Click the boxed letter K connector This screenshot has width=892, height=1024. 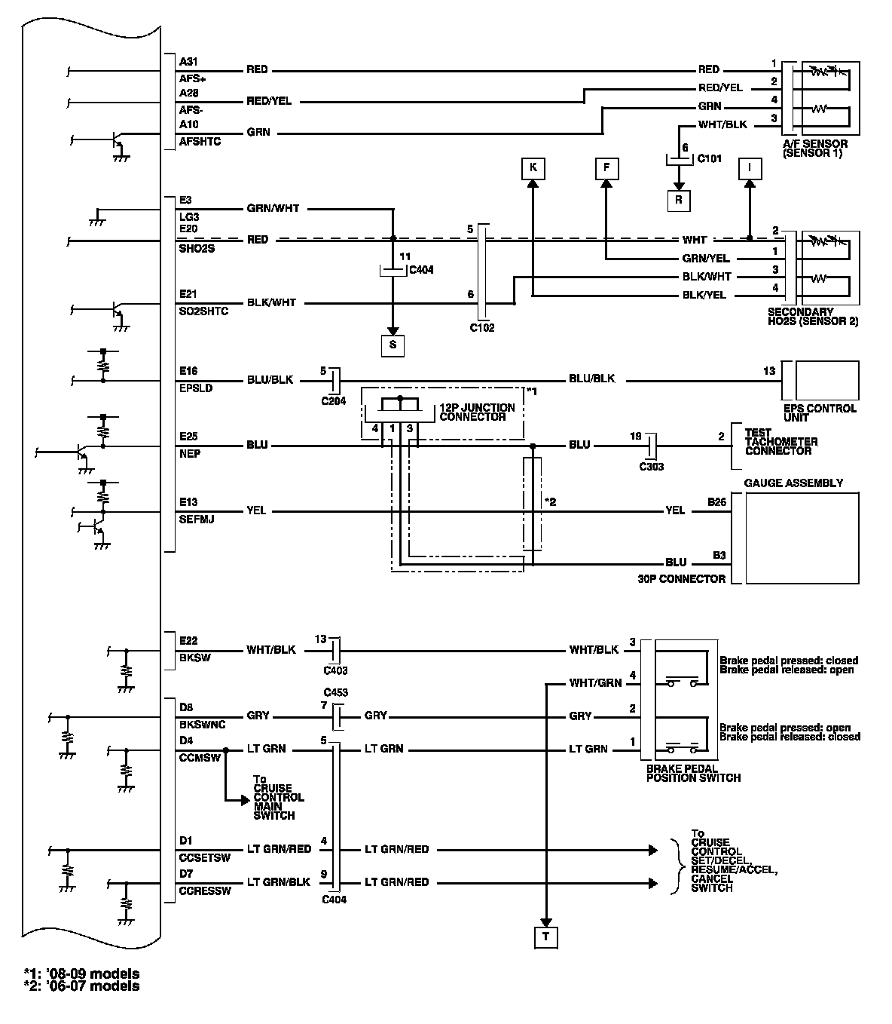[x=533, y=167]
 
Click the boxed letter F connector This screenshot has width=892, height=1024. [x=606, y=167]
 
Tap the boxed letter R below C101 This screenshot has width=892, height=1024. [x=679, y=200]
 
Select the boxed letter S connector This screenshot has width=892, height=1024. [x=392, y=345]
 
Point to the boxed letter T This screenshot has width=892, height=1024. [x=545, y=937]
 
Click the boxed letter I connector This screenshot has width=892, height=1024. [x=750, y=167]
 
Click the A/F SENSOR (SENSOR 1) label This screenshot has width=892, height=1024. [x=814, y=149]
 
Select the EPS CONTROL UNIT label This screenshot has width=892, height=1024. [x=819, y=413]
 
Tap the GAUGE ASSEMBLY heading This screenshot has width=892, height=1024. [x=793, y=483]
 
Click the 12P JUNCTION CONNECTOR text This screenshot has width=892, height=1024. [x=478, y=412]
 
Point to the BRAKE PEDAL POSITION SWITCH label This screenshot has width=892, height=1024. [x=693, y=774]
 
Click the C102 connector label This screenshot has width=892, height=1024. [x=481, y=328]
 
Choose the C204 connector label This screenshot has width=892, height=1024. [x=333, y=401]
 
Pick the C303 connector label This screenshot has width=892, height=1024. [x=652, y=467]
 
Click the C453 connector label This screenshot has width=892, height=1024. [x=335, y=692]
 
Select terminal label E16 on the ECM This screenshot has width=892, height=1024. [x=188, y=371]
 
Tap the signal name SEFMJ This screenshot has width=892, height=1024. [x=197, y=520]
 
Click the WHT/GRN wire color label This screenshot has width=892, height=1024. [x=595, y=683]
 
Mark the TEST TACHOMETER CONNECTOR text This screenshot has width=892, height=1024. [x=781, y=442]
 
